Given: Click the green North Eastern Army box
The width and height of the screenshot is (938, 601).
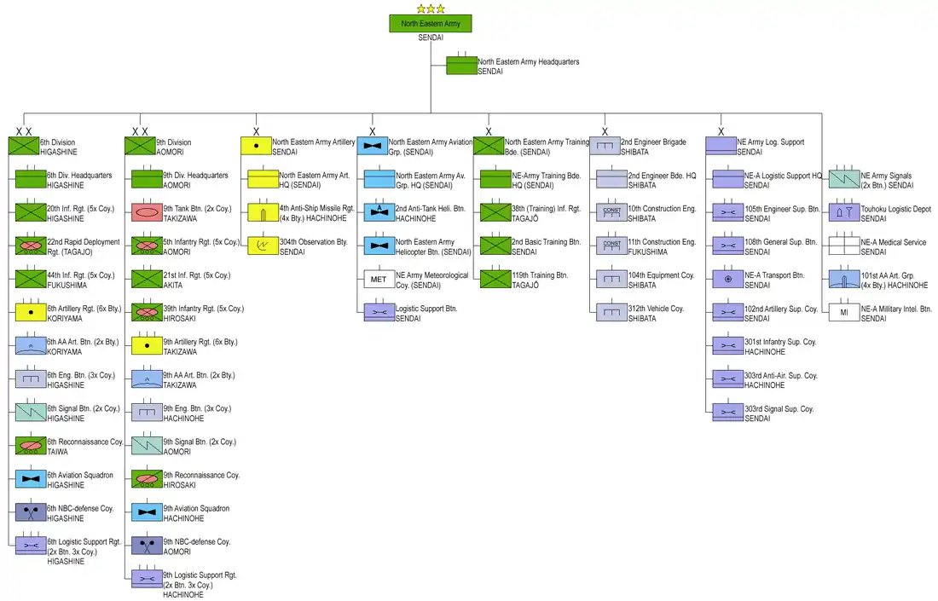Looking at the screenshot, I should tap(431, 24).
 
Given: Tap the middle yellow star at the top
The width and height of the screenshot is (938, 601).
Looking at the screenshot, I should tap(431, 9).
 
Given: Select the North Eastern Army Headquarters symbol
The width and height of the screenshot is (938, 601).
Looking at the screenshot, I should tap(461, 66).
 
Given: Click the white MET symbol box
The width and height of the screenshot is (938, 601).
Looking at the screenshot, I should tap(378, 280).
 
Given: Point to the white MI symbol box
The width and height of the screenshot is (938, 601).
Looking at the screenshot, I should tap(844, 313).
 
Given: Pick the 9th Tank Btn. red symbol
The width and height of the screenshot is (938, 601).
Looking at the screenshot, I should tap(148, 213).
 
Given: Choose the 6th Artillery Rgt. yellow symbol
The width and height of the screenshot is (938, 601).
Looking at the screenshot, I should tap(31, 313).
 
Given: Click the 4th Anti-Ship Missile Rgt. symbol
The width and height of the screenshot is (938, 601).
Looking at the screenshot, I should tap(263, 213).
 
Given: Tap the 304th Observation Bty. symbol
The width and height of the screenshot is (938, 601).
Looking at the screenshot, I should tap(263, 246).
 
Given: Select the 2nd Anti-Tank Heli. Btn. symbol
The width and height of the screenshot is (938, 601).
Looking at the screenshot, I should tap(378, 213).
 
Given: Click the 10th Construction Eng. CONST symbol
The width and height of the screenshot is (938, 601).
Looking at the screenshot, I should tap(611, 213).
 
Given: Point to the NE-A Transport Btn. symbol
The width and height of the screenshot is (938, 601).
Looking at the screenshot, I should tap(727, 280).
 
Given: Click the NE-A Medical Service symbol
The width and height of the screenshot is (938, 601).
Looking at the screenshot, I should tap(844, 246).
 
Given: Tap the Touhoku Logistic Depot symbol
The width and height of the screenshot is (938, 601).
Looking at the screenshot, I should tap(844, 213).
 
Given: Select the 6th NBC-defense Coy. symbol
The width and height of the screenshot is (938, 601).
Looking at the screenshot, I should tap(31, 513).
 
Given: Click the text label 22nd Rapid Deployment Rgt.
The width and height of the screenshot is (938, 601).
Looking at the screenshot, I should tap(84, 242).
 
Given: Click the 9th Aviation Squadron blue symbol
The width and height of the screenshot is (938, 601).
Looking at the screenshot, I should tap(148, 513).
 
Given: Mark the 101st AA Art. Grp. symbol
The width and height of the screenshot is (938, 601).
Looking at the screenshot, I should tap(844, 280).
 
